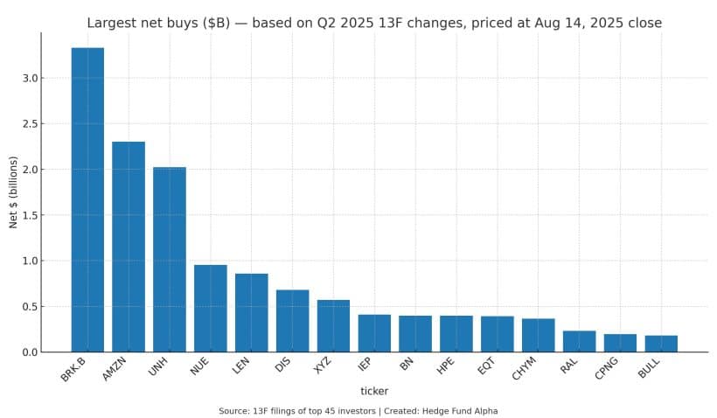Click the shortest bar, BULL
coord(661,344)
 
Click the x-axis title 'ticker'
coord(374,391)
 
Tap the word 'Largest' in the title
coord(113,23)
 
